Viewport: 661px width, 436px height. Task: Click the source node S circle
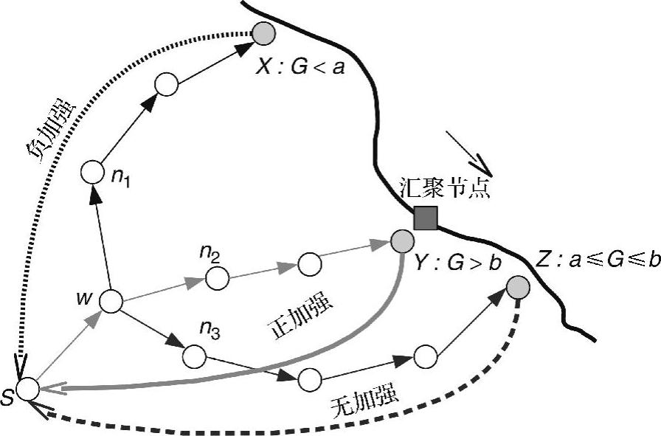point(28,388)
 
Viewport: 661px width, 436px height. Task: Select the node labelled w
point(111,301)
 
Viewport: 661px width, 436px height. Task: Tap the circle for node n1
point(93,173)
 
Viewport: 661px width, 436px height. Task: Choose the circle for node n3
point(194,356)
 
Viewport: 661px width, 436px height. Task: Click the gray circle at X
point(263,32)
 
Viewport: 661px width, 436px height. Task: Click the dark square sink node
point(425,218)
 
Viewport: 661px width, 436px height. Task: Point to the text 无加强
point(366,398)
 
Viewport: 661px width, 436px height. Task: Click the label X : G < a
point(301,69)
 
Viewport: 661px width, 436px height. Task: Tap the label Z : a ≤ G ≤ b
point(598,260)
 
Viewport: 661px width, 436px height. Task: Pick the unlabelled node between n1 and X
point(167,84)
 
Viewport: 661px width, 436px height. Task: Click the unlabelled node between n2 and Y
point(309,263)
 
